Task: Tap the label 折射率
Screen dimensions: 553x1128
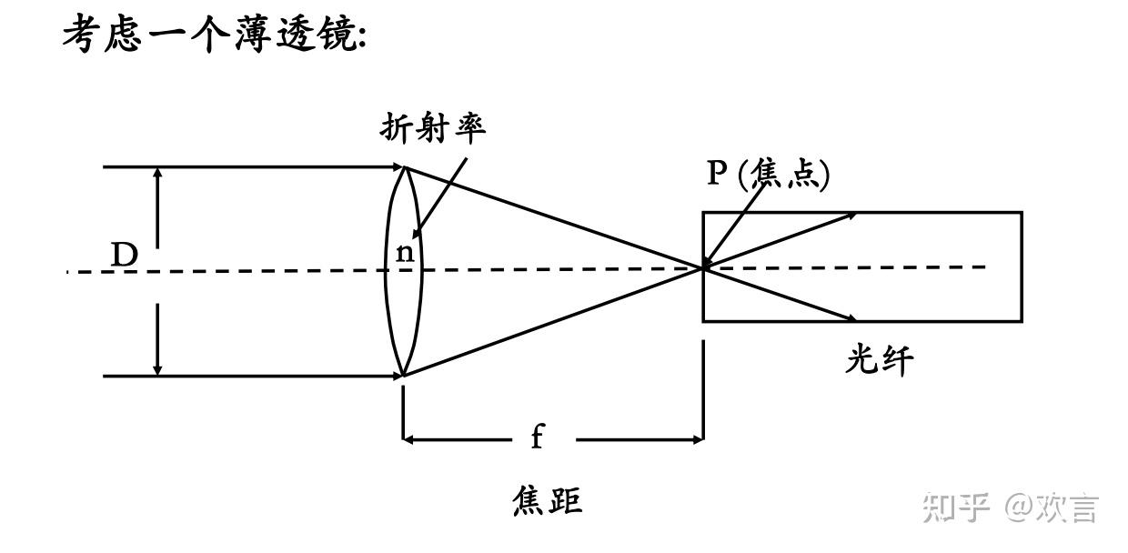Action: coord(433,127)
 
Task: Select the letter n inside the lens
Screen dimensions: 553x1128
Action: coord(405,253)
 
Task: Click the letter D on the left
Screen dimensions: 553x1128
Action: coord(124,256)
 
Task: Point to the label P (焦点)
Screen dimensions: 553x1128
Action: coord(769,173)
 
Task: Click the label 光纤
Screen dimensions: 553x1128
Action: coord(878,361)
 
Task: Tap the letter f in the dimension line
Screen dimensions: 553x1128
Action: coord(537,438)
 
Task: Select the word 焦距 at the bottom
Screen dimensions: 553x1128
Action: coord(547,500)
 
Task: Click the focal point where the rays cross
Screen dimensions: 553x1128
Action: coord(703,267)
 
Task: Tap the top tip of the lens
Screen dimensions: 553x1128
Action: coord(404,167)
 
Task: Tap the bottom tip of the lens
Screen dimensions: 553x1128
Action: coord(404,375)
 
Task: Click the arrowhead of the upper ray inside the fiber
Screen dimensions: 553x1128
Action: coord(851,216)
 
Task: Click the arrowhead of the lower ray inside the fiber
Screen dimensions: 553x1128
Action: coord(851,318)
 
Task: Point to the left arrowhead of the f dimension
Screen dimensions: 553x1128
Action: coord(408,439)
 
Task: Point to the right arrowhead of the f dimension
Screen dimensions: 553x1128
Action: coord(698,439)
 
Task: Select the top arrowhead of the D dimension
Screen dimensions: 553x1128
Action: coord(158,173)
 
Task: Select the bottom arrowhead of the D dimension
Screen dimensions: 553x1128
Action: coord(158,369)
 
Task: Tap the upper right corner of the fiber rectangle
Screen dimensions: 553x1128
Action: coord(1022,213)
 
